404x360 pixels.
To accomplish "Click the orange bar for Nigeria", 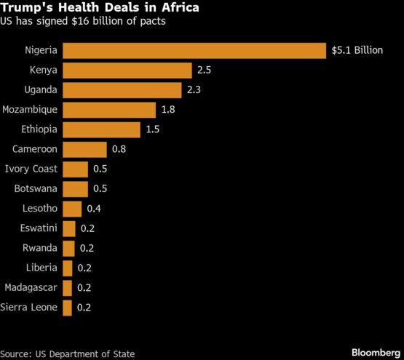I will [x=194, y=50].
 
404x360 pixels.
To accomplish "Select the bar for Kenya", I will [x=127, y=70].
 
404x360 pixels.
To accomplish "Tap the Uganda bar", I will [x=122, y=90].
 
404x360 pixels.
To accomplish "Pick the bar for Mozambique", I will [x=109, y=110].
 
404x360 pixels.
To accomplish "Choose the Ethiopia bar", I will [x=101, y=129].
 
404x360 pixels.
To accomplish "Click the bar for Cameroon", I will [x=84, y=150].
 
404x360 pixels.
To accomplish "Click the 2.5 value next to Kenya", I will [x=205, y=71].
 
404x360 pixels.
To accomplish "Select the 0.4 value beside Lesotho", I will [x=95, y=209].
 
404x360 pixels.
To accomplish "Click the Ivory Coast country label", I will [x=31, y=169].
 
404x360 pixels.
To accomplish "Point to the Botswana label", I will [x=36, y=189].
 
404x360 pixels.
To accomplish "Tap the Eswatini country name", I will [x=37, y=228].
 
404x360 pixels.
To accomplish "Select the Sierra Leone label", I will [x=30, y=308].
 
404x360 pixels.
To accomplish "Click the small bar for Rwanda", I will [x=68, y=248].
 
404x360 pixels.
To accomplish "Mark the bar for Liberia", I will [x=68, y=268].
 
